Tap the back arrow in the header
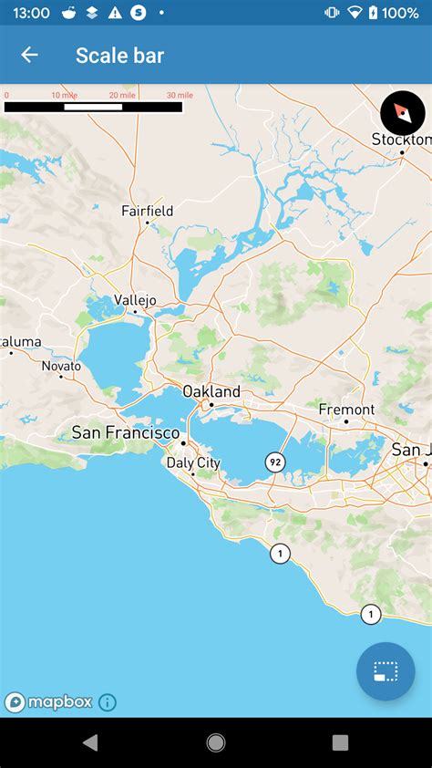coord(29,55)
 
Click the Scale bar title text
coord(119,56)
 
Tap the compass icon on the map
coord(402,113)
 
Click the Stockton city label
coord(401,140)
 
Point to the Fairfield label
coord(147,211)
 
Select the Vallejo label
coord(135,300)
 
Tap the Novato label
coord(61,366)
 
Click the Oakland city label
coord(211,391)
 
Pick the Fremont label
coord(346,410)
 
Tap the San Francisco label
coord(126,432)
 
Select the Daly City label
coord(193,462)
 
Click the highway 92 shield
coord(275,462)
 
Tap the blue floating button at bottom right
coord(386,671)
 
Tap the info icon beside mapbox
coord(108,702)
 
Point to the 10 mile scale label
coord(64,96)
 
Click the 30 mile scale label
coord(179,96)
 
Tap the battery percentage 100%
coord(400,13)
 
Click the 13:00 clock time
coord(31,13)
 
